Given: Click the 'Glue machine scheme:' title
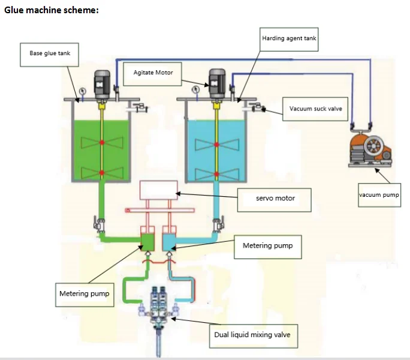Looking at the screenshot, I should coord(51,10).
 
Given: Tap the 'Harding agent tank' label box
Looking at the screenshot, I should coord(289,38).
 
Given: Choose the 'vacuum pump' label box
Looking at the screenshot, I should coord(379,195).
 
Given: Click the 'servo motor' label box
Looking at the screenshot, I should coord(275,198).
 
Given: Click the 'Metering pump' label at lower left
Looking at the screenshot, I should coord(84,294).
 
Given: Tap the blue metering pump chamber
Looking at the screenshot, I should coord(170,241).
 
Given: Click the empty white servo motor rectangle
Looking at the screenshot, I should coord(159,190).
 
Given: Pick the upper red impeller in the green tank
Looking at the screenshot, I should coord(103,142).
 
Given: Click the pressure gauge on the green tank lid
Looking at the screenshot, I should coord(80,91).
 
